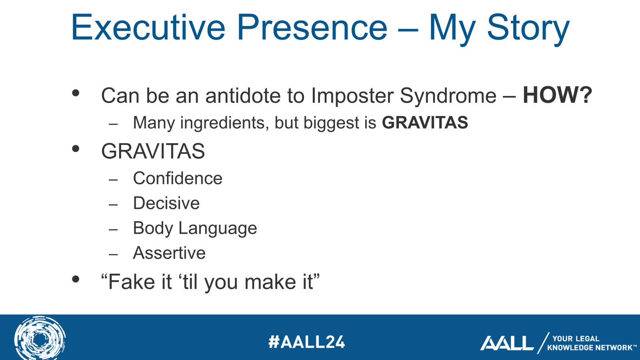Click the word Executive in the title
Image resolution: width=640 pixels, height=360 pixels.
(x=148, y=28)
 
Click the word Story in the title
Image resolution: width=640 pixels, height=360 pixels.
(x=528, y=30)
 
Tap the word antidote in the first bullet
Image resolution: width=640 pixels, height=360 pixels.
(x=243, y=96)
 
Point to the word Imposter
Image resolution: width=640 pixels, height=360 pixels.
(x=352, y=96)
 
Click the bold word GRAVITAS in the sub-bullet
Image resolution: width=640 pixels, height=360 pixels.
(x=425, y=122)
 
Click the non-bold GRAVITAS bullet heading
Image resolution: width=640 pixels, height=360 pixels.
(x=153, y=151)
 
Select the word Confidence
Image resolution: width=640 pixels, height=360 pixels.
(x=178, y=178)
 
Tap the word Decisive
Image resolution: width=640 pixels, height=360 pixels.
(x=166, y=203)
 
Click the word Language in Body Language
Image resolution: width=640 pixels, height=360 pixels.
(x=218, y=228)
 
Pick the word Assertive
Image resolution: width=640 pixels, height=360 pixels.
(x=170, y=253)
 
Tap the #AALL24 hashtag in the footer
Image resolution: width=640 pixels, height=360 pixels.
(x=307, y=342)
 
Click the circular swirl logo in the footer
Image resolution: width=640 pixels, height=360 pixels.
(x=40, y=338)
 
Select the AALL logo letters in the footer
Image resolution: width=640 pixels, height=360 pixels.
(x=507, y=343)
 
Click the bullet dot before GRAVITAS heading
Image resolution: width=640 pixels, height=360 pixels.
(x=76, y=148)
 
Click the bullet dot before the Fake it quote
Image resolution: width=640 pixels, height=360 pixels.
(x=76, y=279)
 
